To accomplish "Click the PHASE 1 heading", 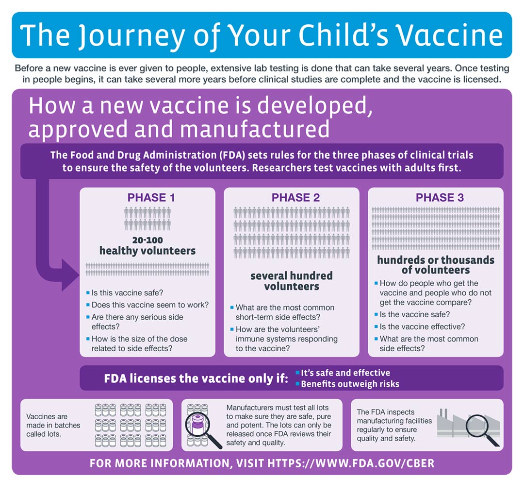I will click(x=151, y=198).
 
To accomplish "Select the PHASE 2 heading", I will click(x=295, y=198).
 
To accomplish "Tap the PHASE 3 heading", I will click(x=440, y=198).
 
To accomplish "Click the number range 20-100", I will click(x=147, y=240).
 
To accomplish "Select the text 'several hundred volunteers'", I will click(x=292, y=281).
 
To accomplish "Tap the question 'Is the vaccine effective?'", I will click(x=422, y=326).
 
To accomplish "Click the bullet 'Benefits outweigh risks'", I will click(x=350, y=384).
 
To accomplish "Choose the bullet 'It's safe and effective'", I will click(x=345, y=373).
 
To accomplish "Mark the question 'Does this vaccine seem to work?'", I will click(x=150, y=305).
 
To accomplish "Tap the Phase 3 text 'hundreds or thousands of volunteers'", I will click(x=436, y=265).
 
